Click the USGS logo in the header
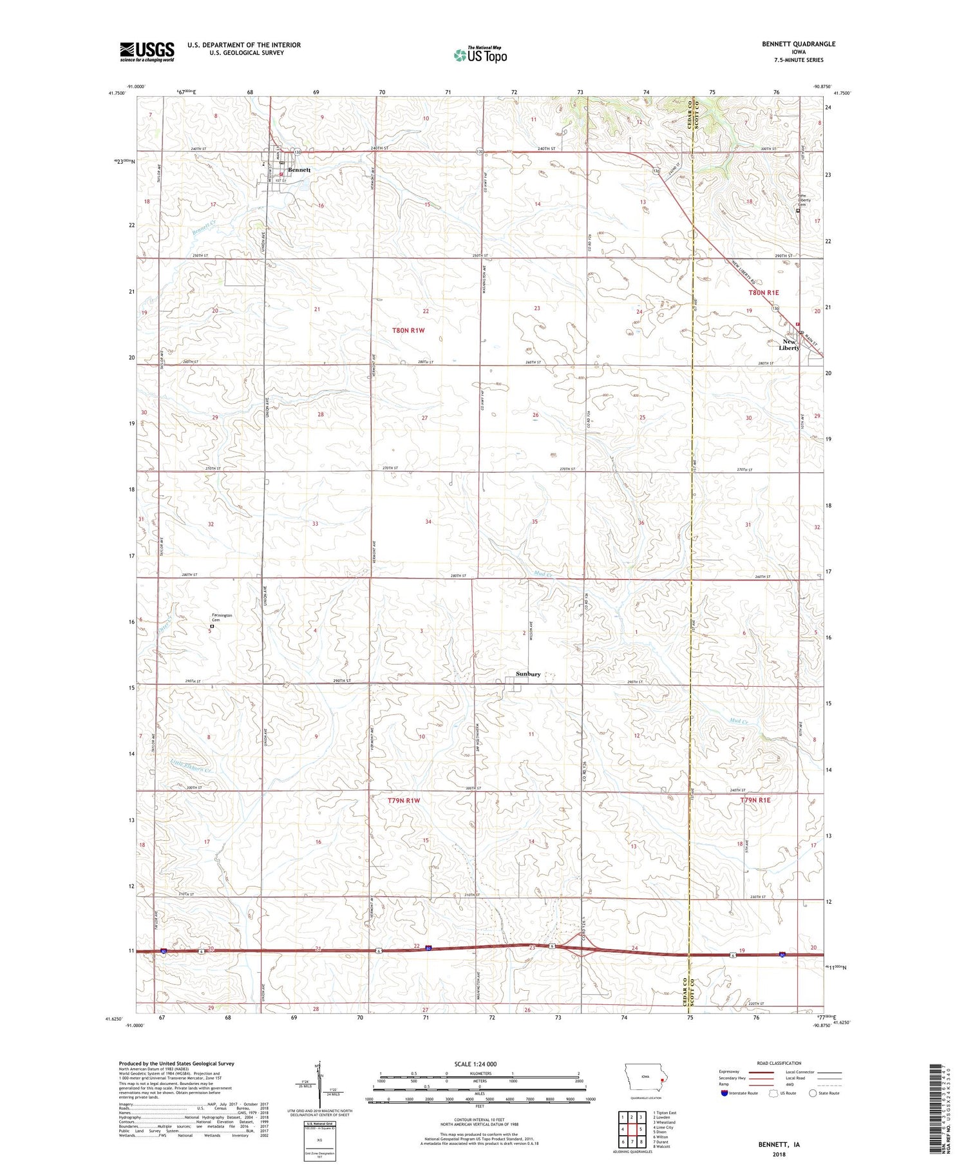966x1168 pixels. [147, 52]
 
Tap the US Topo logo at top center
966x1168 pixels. [480, 55]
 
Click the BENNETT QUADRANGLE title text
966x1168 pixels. [799, 44]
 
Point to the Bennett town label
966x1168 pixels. [299, 170]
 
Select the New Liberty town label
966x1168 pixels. [790, 345]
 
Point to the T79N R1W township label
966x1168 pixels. [404, 801]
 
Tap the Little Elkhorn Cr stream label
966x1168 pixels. [191, 766]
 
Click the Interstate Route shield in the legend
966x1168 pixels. [724, 1093]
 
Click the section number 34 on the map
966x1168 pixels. [428, 522]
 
